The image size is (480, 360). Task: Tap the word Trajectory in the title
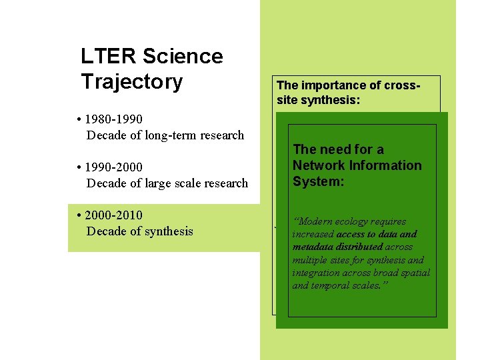131,82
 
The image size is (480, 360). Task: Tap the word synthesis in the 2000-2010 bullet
167,231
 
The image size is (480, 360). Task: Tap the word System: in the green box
318,181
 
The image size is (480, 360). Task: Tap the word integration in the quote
317,273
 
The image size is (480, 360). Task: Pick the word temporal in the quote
334,285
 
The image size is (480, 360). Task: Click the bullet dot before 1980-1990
79,120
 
